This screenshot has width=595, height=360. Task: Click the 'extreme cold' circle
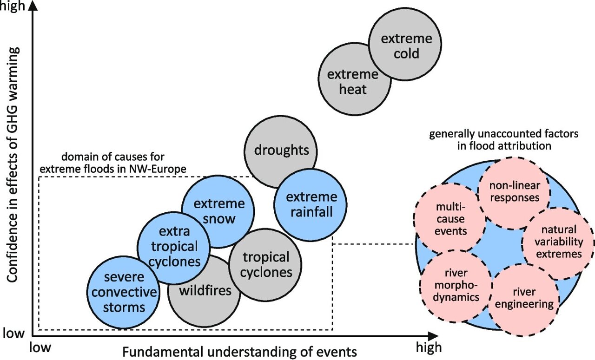[x=406, y=46]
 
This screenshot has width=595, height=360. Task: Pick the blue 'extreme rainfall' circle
[x=312, y=204]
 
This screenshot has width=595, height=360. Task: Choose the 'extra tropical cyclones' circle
[x=174, y=246]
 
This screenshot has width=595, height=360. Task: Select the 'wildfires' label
[x=205, y=291]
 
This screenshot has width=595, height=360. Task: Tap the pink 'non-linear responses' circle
[x=514, y=191]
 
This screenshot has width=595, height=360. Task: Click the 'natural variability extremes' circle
[x=558, y=242]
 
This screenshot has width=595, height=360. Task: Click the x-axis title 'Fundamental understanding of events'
[x=240, y=351]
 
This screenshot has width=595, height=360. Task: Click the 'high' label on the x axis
[x=427, y=347]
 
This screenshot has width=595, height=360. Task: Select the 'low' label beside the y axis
[x=13, y=333]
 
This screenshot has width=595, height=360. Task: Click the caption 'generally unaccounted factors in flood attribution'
[x=503, y=140]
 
